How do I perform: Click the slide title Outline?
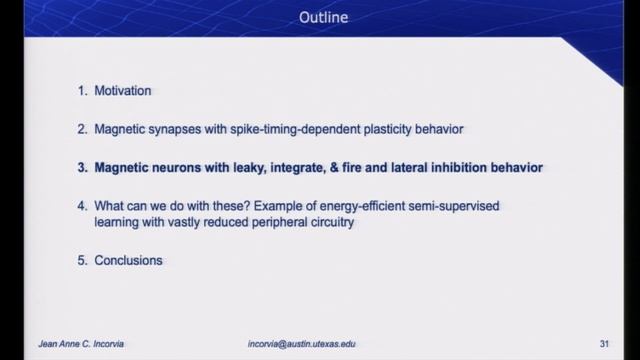point(319,18)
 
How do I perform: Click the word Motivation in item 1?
point(123,91)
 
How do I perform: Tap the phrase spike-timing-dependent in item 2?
point(294,130)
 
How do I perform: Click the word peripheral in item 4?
point(271,223)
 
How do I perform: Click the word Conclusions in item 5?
point(128,261)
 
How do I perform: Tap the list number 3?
point(82,169)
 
